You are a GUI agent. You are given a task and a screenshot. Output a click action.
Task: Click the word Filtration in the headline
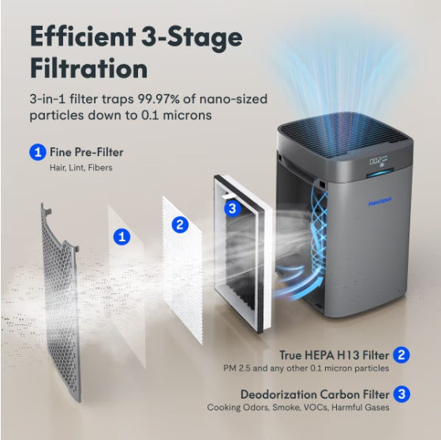click(89, 68)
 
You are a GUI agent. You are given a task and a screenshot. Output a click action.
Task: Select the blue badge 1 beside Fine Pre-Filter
click(37, 151)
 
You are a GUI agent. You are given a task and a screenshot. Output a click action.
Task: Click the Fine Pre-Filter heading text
click(87, 151)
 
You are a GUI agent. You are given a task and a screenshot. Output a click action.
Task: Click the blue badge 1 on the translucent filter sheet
click(121, 235)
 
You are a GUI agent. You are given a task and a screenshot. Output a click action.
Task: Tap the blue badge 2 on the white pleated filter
click(180, 225)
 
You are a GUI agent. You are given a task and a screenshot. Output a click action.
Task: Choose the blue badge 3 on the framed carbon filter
click(231, 208)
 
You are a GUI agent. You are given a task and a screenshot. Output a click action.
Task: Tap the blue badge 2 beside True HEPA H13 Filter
click(402, 355)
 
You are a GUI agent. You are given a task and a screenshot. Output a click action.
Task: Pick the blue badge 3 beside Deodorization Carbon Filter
click(402, 393)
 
